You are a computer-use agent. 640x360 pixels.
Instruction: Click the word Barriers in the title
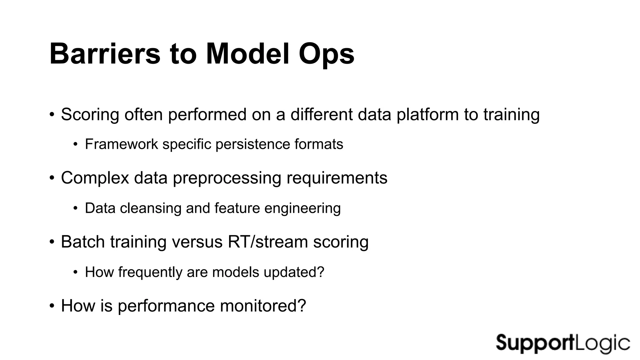click(x=105, y=54)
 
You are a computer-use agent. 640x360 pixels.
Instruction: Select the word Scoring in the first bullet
click(x=90, y=115)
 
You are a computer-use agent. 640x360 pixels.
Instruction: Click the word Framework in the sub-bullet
click(x=121, y=144)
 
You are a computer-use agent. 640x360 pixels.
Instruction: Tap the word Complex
click(x=95, y=178)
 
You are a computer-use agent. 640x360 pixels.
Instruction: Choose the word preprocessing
click(x=227, y=178)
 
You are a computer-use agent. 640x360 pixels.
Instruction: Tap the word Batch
click(x=83, y=242)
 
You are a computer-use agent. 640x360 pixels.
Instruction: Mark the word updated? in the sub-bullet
click(x=294, y=272)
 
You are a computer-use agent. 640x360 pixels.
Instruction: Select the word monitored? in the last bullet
click(x=263, y=306)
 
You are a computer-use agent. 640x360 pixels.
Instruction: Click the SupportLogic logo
click(x=563, y=343)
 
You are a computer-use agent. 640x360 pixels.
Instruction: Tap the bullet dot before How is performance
click(x=52, y=306)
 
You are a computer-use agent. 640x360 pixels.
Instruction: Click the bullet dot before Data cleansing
click(x=75, y=208)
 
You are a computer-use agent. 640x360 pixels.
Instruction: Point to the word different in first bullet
click(x=321, y=114)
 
